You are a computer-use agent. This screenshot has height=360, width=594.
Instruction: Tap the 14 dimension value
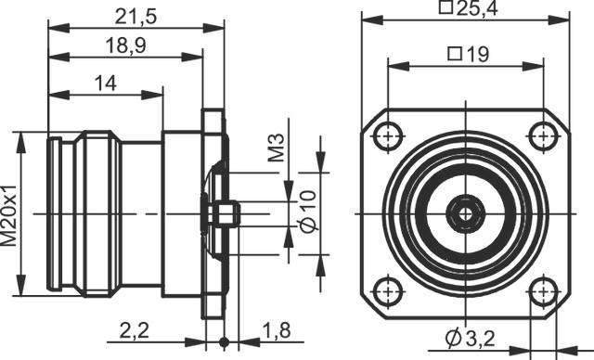[106, 84]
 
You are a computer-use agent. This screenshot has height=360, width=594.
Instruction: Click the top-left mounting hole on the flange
[388, 136]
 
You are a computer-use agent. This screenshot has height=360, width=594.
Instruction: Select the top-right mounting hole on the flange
[540, 136]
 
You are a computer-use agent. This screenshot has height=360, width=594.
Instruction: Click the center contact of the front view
[464, 213]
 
